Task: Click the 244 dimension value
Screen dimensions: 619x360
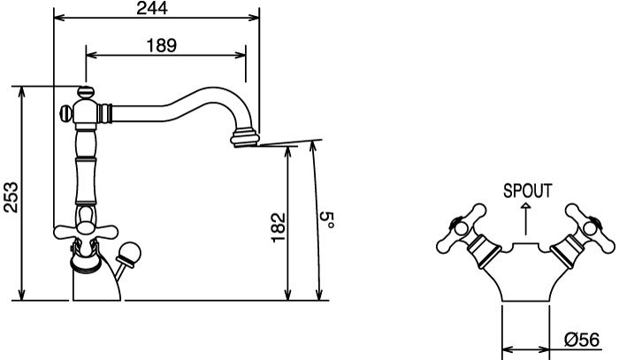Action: (152, 8)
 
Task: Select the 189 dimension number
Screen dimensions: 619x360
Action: (162, 45)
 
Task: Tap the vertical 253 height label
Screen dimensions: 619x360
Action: (11, 197)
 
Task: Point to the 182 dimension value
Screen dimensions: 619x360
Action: (279, 227)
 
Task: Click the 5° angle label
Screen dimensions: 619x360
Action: (327, 220)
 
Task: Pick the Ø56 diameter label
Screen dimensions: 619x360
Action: (582, 340)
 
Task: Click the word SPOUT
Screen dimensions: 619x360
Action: (527, 191)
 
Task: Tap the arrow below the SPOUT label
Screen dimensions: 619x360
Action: (525, 219)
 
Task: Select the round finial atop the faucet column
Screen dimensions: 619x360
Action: (86, 92)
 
